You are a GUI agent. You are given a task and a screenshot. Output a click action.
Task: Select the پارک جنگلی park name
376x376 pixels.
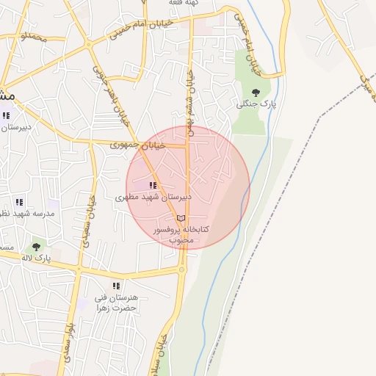pyautogui.click(x=256, y=104)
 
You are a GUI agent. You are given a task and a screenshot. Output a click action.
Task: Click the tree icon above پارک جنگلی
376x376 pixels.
pyautogui.click(x=256, y=92)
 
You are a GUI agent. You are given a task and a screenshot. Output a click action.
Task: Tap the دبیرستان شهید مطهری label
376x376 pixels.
pyautogui.click(x=153, y=198)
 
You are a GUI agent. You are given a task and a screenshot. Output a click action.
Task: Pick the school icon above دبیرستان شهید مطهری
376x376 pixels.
pyautogui.click(x=152, y=186)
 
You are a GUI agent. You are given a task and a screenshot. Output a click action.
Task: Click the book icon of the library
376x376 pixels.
pyautogui.click(x=181, y=218)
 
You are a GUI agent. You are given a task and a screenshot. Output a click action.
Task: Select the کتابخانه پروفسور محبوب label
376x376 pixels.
pyautogui.click(x=181, y=234)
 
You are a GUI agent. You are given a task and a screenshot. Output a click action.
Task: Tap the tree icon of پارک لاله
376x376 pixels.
pyautogui.click(x=36, y=247)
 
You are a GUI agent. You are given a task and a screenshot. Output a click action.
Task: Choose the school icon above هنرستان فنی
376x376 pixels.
pyautogui.click(x=115, y=286)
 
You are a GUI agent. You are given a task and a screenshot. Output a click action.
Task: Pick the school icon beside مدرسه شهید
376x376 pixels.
pyautogui.click(x=19, y=201)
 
